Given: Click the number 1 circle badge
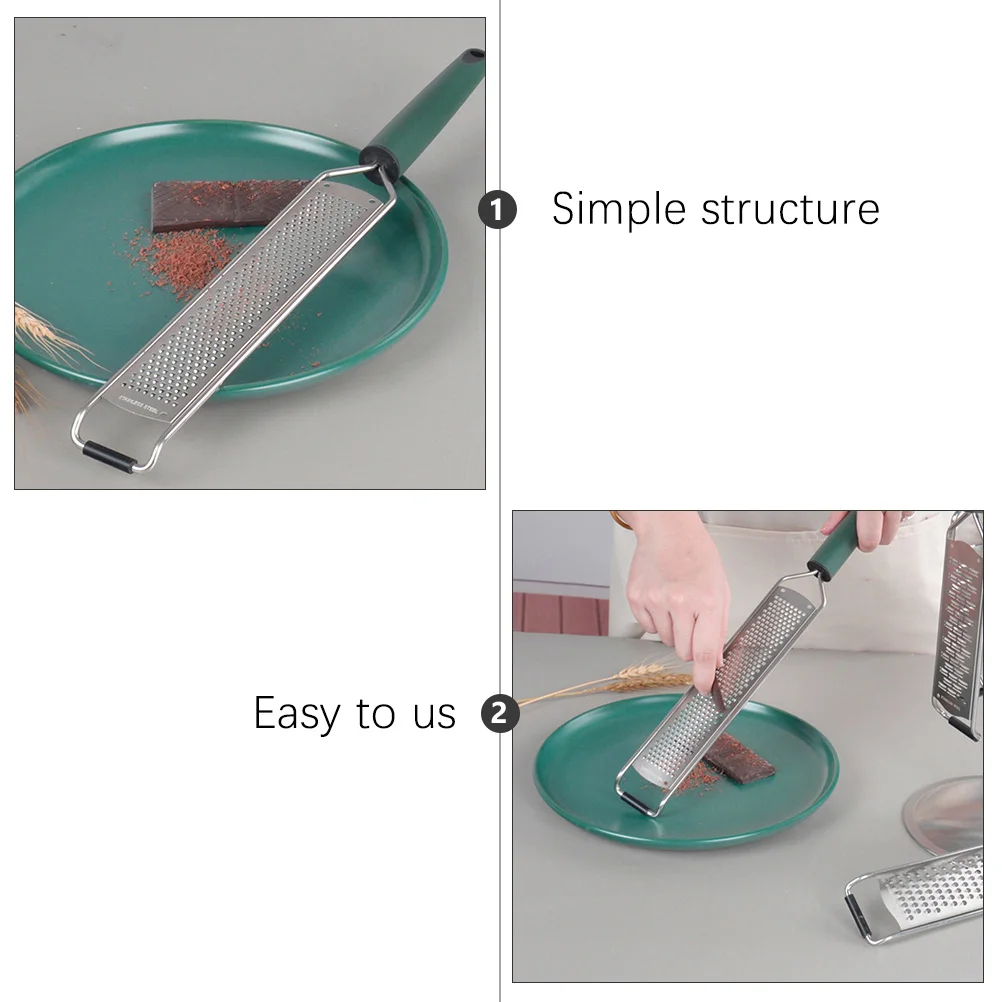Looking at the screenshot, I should (x=498, y=210).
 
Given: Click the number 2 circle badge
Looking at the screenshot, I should (x=500, y=714).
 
